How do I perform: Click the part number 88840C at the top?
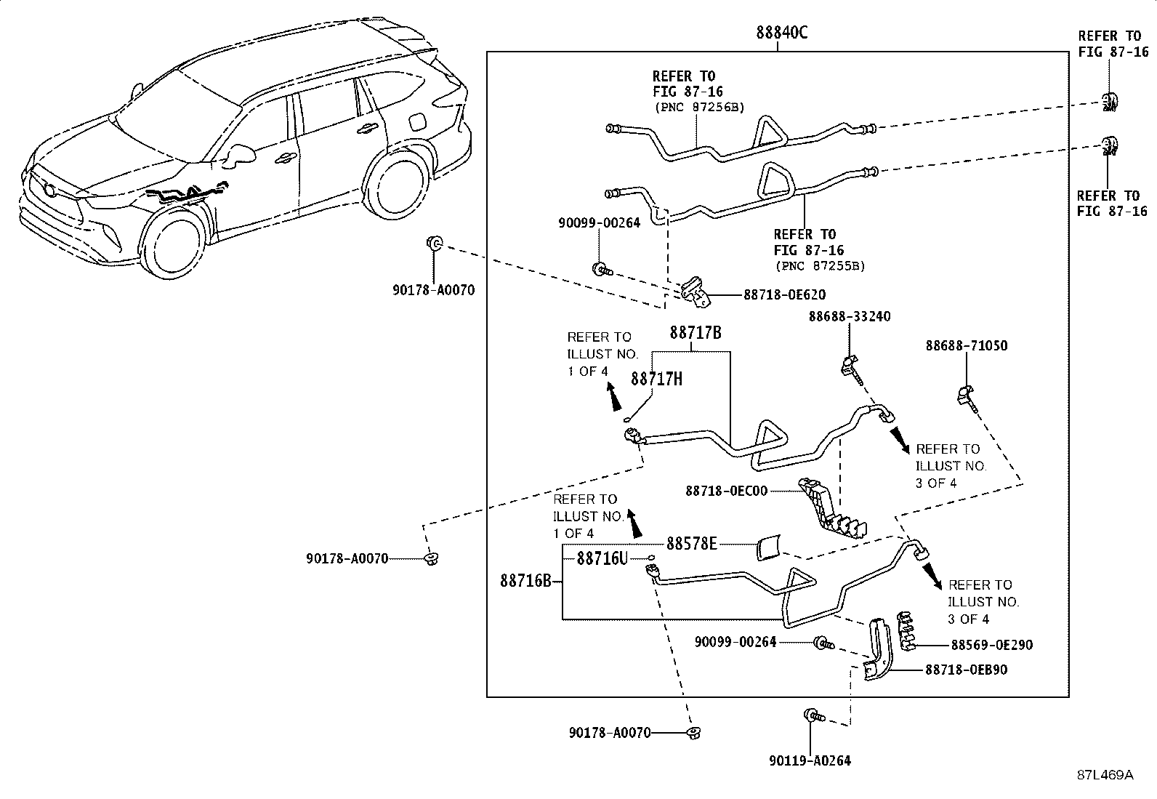click(x=782, y=33)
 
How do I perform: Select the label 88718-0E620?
click(x=785, y=294)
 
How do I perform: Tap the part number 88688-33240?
click(x=850, y=316)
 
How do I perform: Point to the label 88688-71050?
click(x=967, y=346)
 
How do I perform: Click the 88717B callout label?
click(x=696, y=332)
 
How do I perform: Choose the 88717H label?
click(x=656, y=379)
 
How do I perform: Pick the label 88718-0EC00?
click(x=727, y=491)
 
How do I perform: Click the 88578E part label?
click(x=692, y=543)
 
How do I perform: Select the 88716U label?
click(x=602, y=558)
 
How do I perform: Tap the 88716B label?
click(x=526, y=581)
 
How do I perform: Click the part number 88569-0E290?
click(x=992, y=645)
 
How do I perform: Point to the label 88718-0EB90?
click(x=966, y=670)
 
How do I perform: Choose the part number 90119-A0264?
click(x=810, y=760)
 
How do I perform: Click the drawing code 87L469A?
click(x=1105, y=775)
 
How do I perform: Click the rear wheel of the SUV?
click(x=397, y=181)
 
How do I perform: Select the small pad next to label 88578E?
click(x=769, y=548)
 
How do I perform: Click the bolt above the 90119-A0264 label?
click(x=814, y=716)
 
